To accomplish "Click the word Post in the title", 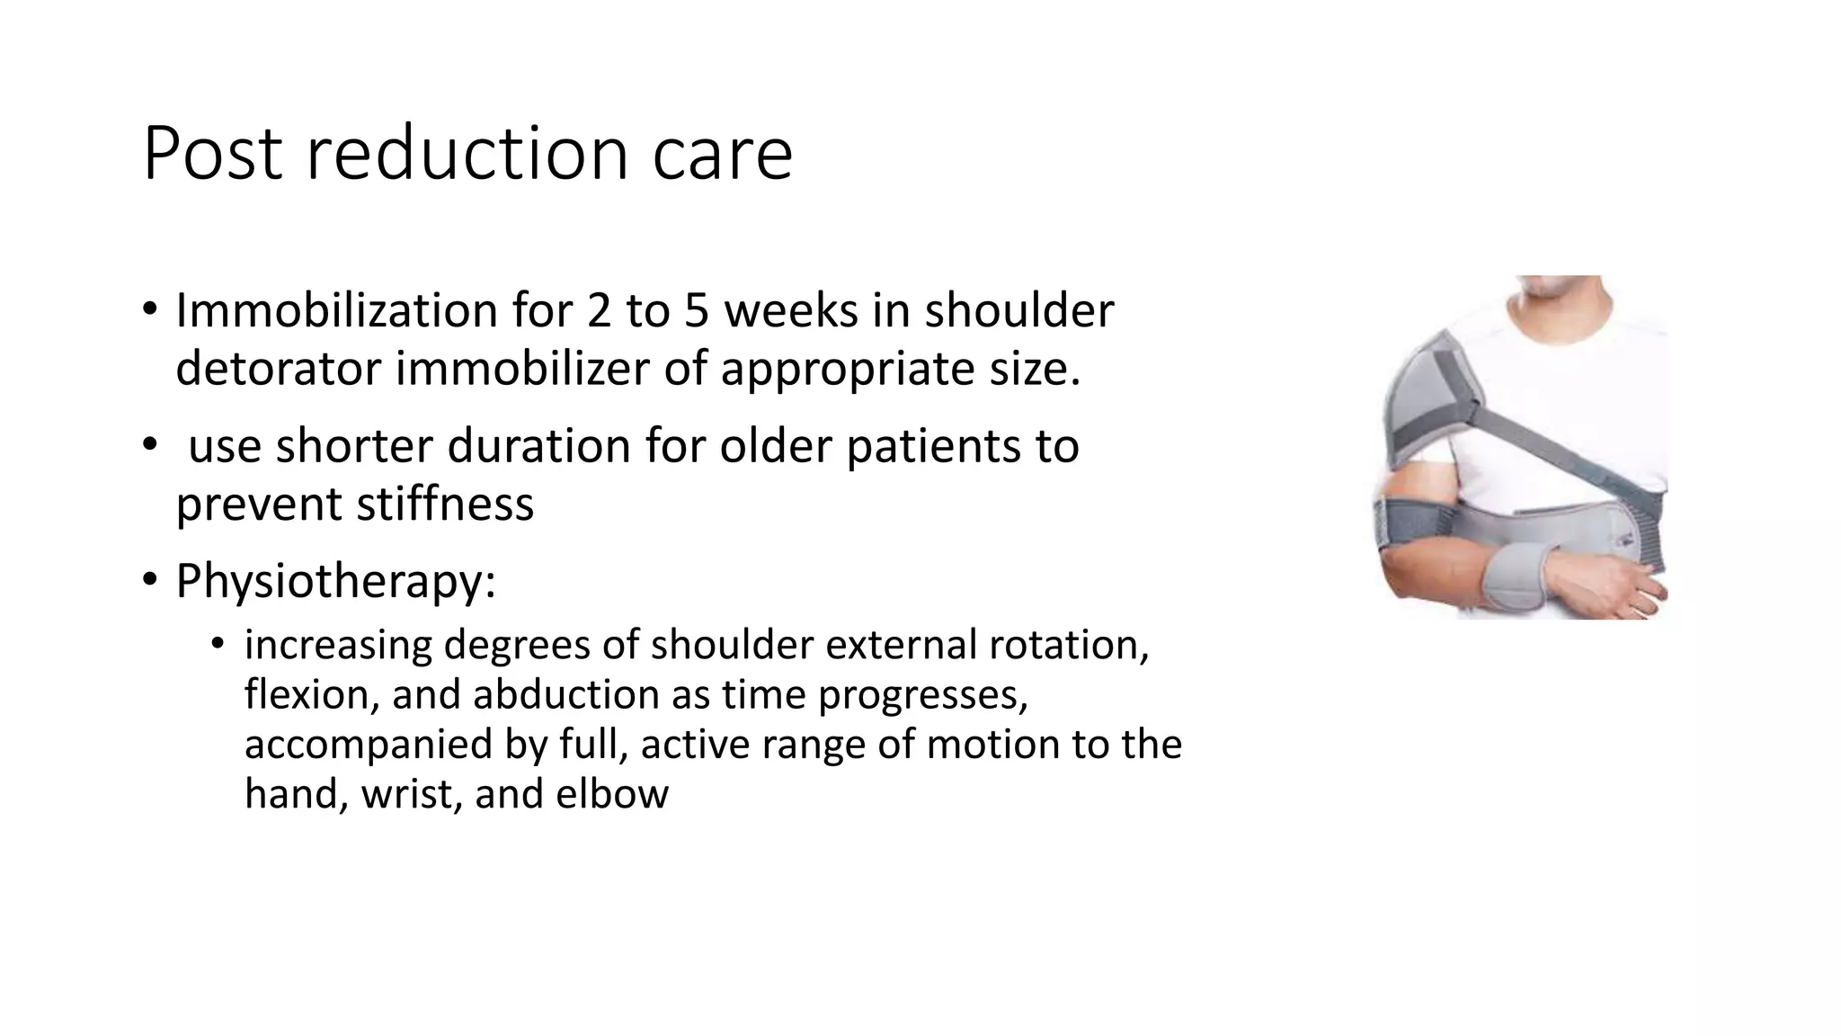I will click(x=213, y=154).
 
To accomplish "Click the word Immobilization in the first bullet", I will click(x=336, y=311).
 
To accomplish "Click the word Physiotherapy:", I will click(x=335, y=582).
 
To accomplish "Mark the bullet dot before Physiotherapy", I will click(x=150, y=580).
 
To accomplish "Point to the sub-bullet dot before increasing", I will click(x=217, y=644).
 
